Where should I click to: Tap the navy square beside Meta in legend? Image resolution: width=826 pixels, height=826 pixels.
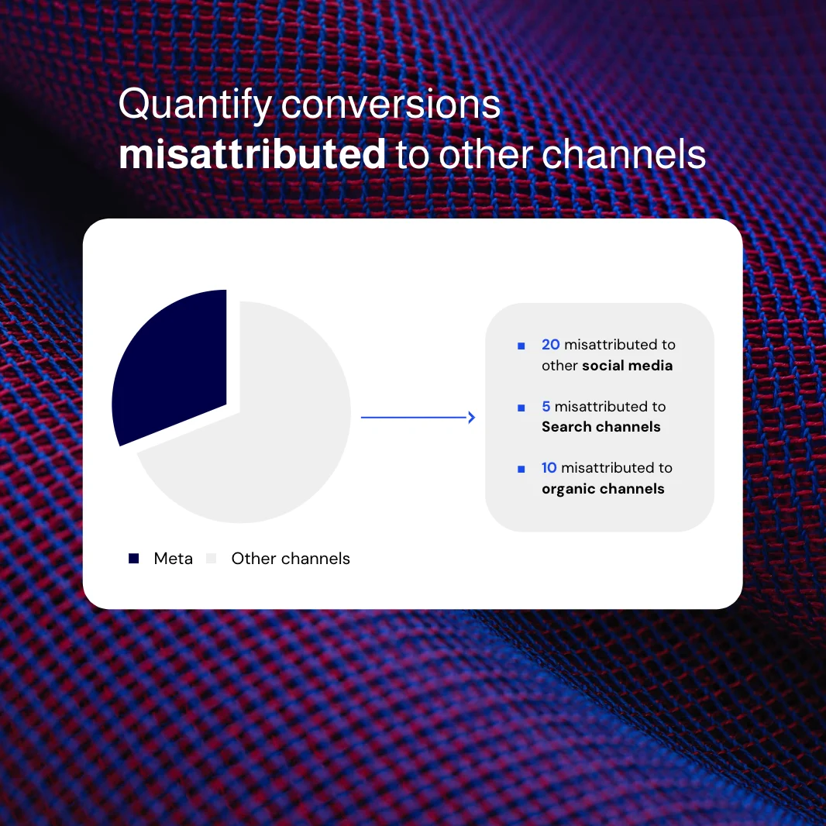pyautogui.click(x=134, y=559)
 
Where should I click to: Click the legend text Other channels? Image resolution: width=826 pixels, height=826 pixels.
pyautogui.click(x=291, y=559)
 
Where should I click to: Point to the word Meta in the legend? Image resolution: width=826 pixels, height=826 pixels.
pyautogui.click(x=174, y=559)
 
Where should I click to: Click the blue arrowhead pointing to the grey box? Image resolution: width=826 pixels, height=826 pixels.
pyautogui.click(x=471, y=418)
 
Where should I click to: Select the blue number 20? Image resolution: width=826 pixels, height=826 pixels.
pyautogui.click(x=550, y=345)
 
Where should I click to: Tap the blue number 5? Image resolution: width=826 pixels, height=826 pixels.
pyautogui.click(x=546, y=406)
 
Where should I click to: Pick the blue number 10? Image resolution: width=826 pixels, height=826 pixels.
pyautogui.click(x=549, y=468)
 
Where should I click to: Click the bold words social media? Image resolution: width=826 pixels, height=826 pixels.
pyautogui.click(x=627, y=366)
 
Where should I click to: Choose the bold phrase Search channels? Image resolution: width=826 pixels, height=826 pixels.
pyautogui.click(x=601, y=427)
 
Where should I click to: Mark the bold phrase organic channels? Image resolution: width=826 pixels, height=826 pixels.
pyautogui.click(x=603, y=489)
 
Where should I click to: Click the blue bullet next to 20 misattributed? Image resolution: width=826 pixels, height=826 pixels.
pyautogui.click(x=521, y=346)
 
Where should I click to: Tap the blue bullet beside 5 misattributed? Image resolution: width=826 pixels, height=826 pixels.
pyautogui.click(x=521, y=408)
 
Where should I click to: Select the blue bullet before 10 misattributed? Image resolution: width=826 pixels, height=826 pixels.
pyautogui.click(x=521, y=470)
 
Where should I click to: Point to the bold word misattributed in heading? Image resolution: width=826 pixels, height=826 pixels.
pyautogui.click(x=253, y=154)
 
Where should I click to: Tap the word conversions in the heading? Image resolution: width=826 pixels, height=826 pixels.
pyautogui.click(x=391, y=105)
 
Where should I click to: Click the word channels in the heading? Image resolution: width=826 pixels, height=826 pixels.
pyautogui.click(x=624, y=154)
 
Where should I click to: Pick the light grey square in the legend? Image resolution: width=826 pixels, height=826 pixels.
pyautogui.click(x=212, y=559)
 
